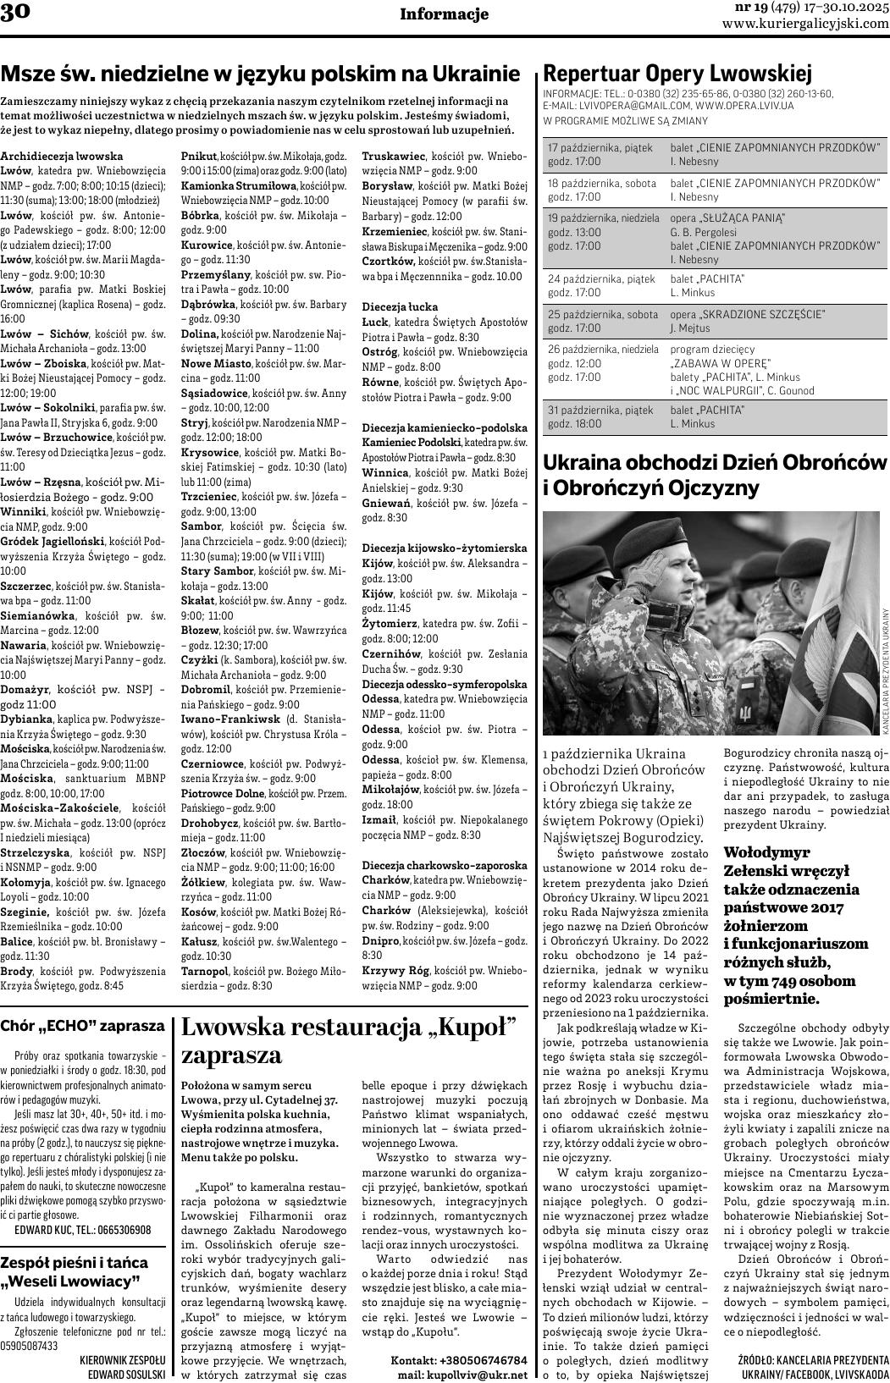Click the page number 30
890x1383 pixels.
click(x=16, y=14)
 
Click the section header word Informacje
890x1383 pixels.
click(x=444, y=14)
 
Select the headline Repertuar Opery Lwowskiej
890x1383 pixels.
click(x=677, y=73)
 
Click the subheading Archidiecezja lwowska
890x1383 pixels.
click(x=62, y=156)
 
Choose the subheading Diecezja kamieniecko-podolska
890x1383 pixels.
click(x=444, y=427)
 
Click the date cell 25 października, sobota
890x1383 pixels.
click(x=603, y=314)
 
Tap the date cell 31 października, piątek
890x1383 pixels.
click(x=600, y=410)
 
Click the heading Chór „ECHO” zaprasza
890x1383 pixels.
click(x=83, y=1026)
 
